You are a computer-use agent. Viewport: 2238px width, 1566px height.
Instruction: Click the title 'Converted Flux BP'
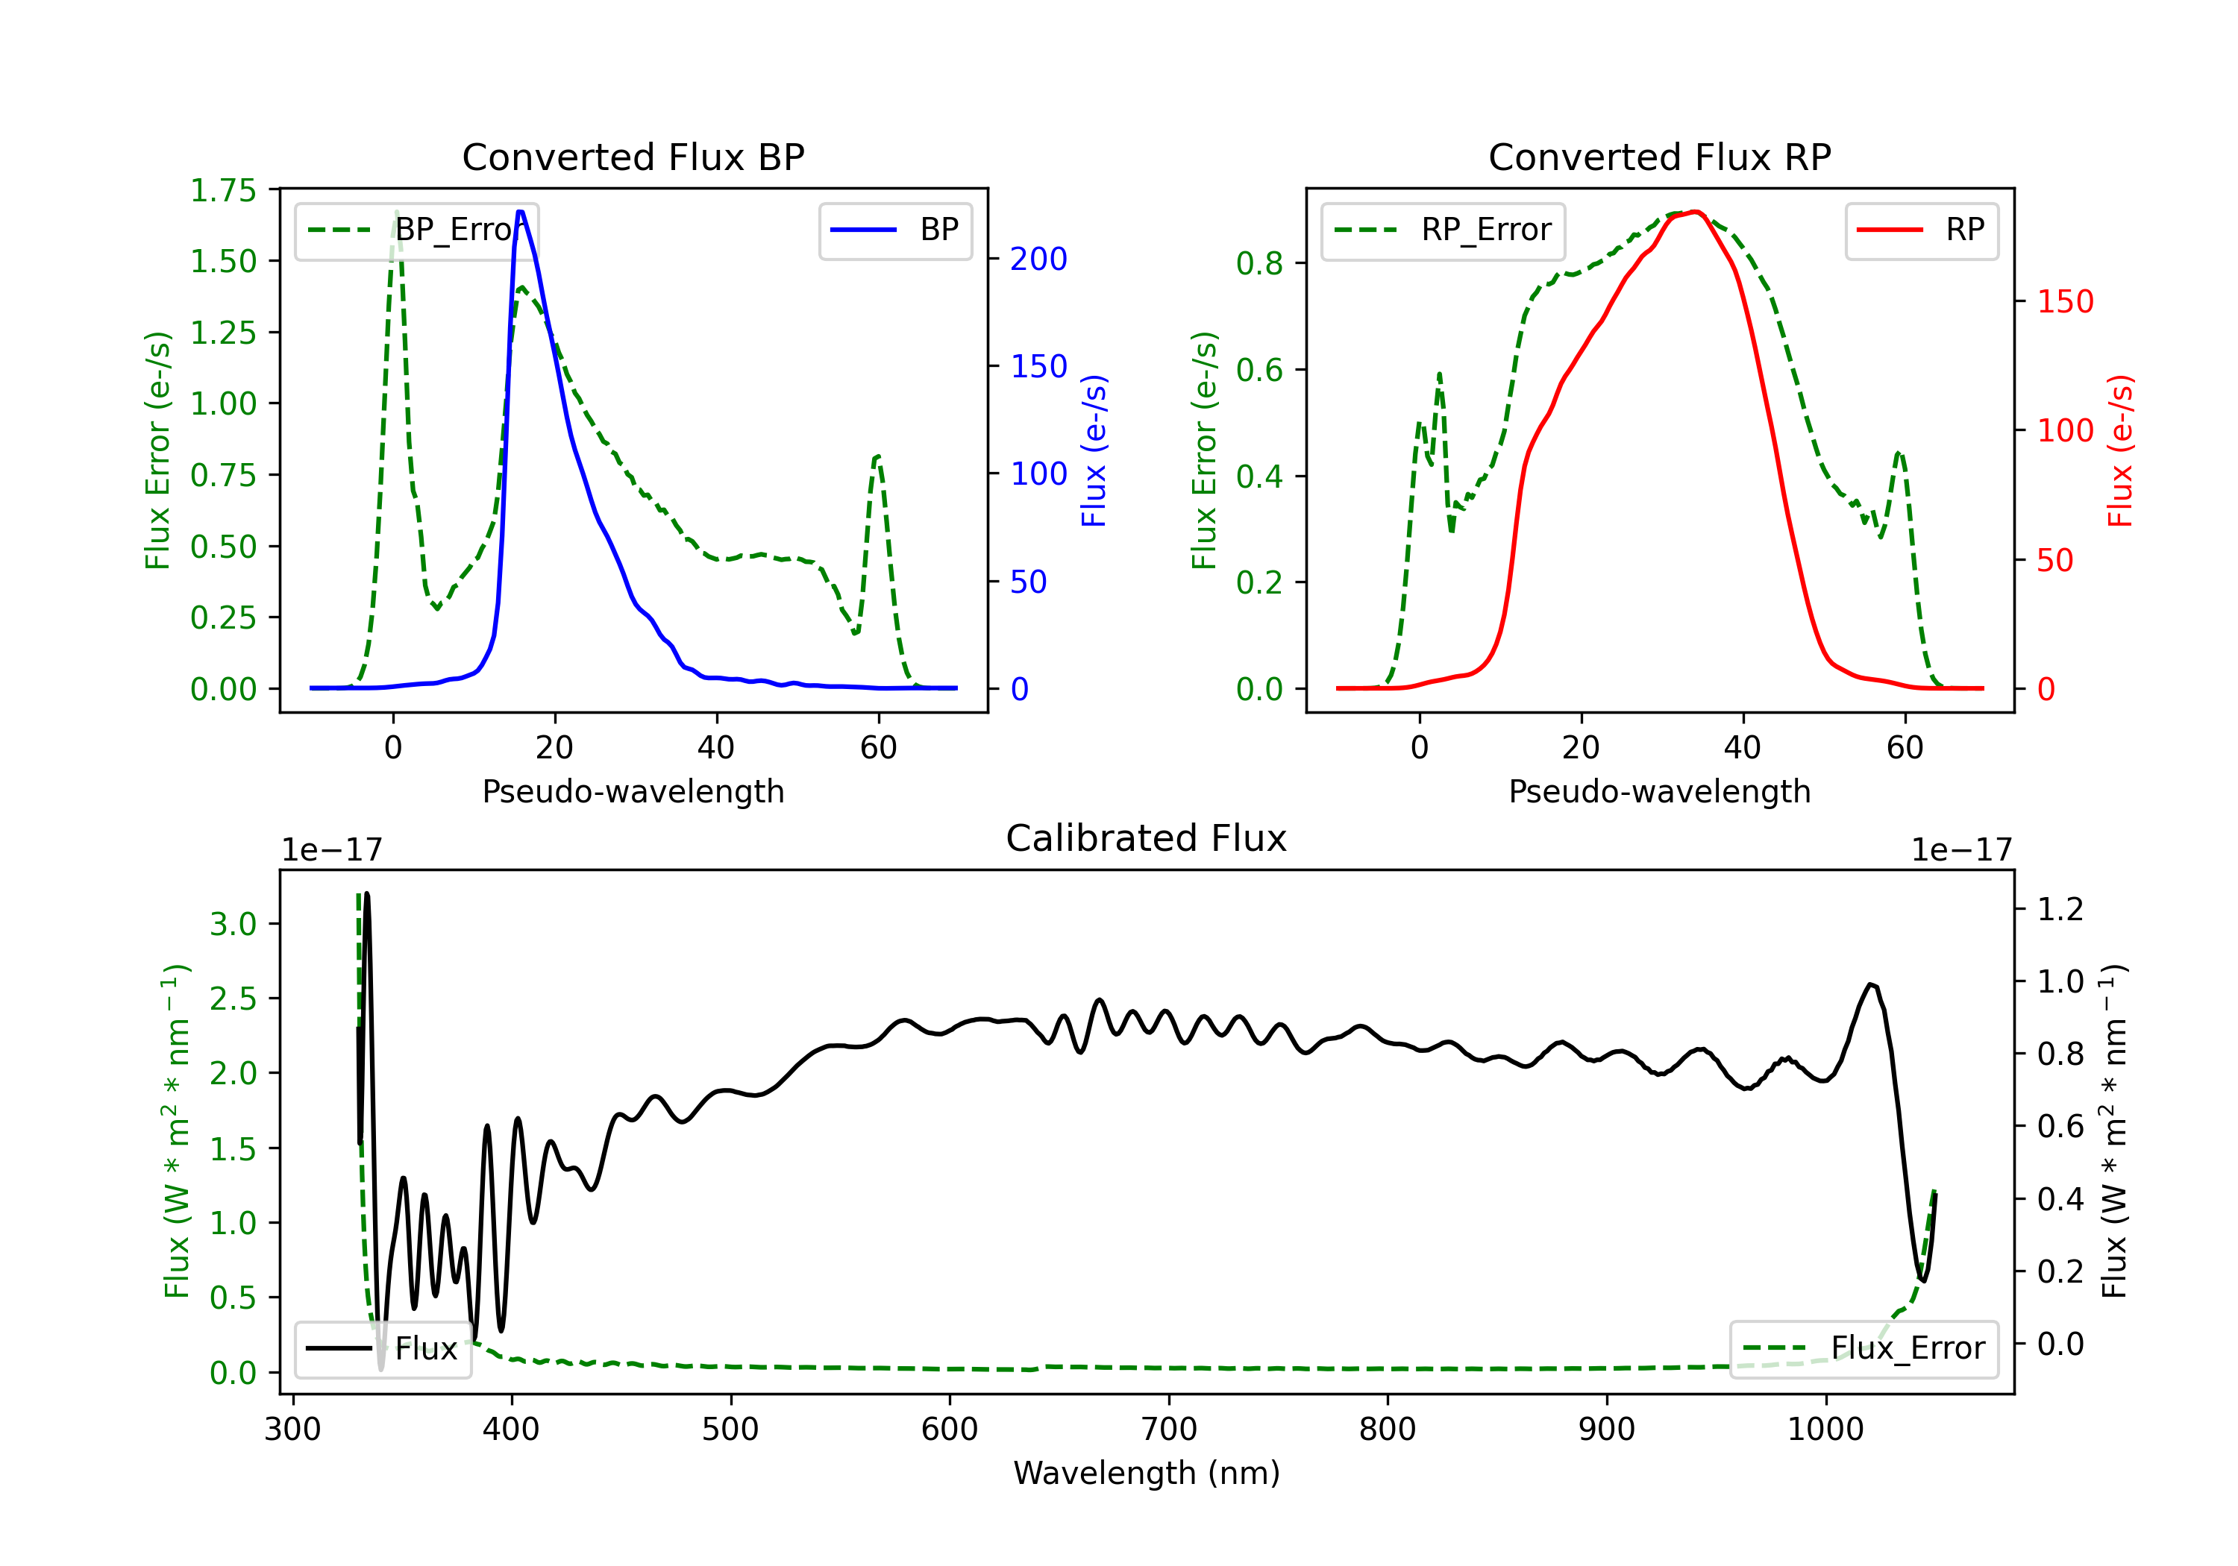633,157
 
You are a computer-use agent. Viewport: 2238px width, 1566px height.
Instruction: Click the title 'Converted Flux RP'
1659,157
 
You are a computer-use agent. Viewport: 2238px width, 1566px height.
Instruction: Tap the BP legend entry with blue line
894,230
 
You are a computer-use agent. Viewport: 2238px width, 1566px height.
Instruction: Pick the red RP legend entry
1920,230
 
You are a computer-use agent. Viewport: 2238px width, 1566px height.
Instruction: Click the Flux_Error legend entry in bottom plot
1863,1349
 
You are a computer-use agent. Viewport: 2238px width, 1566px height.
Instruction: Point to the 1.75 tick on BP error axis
223,190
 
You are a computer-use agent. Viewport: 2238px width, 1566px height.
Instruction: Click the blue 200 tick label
1038,260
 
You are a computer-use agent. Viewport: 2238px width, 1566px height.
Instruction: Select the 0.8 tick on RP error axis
1259,263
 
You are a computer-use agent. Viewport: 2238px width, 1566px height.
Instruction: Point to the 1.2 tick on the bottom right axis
2060,909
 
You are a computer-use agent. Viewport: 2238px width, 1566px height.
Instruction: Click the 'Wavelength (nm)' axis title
1147,1473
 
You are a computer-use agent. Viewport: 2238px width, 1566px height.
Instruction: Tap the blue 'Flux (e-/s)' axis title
1094,450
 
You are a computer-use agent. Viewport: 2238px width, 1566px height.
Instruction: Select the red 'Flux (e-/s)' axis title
2120,450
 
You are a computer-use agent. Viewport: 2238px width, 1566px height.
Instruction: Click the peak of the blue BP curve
521,212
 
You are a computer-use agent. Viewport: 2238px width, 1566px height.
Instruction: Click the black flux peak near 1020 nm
1870,985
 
